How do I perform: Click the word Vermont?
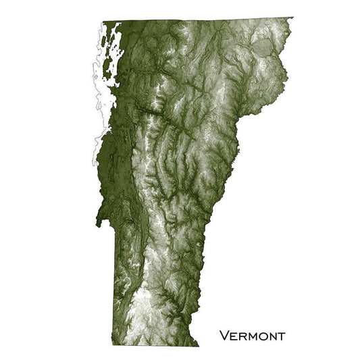[x=251, y=336]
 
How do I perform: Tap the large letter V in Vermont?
[x=224, y=335]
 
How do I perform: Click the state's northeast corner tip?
[x=292, y=18]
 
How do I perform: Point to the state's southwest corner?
[x=118, y=342]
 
